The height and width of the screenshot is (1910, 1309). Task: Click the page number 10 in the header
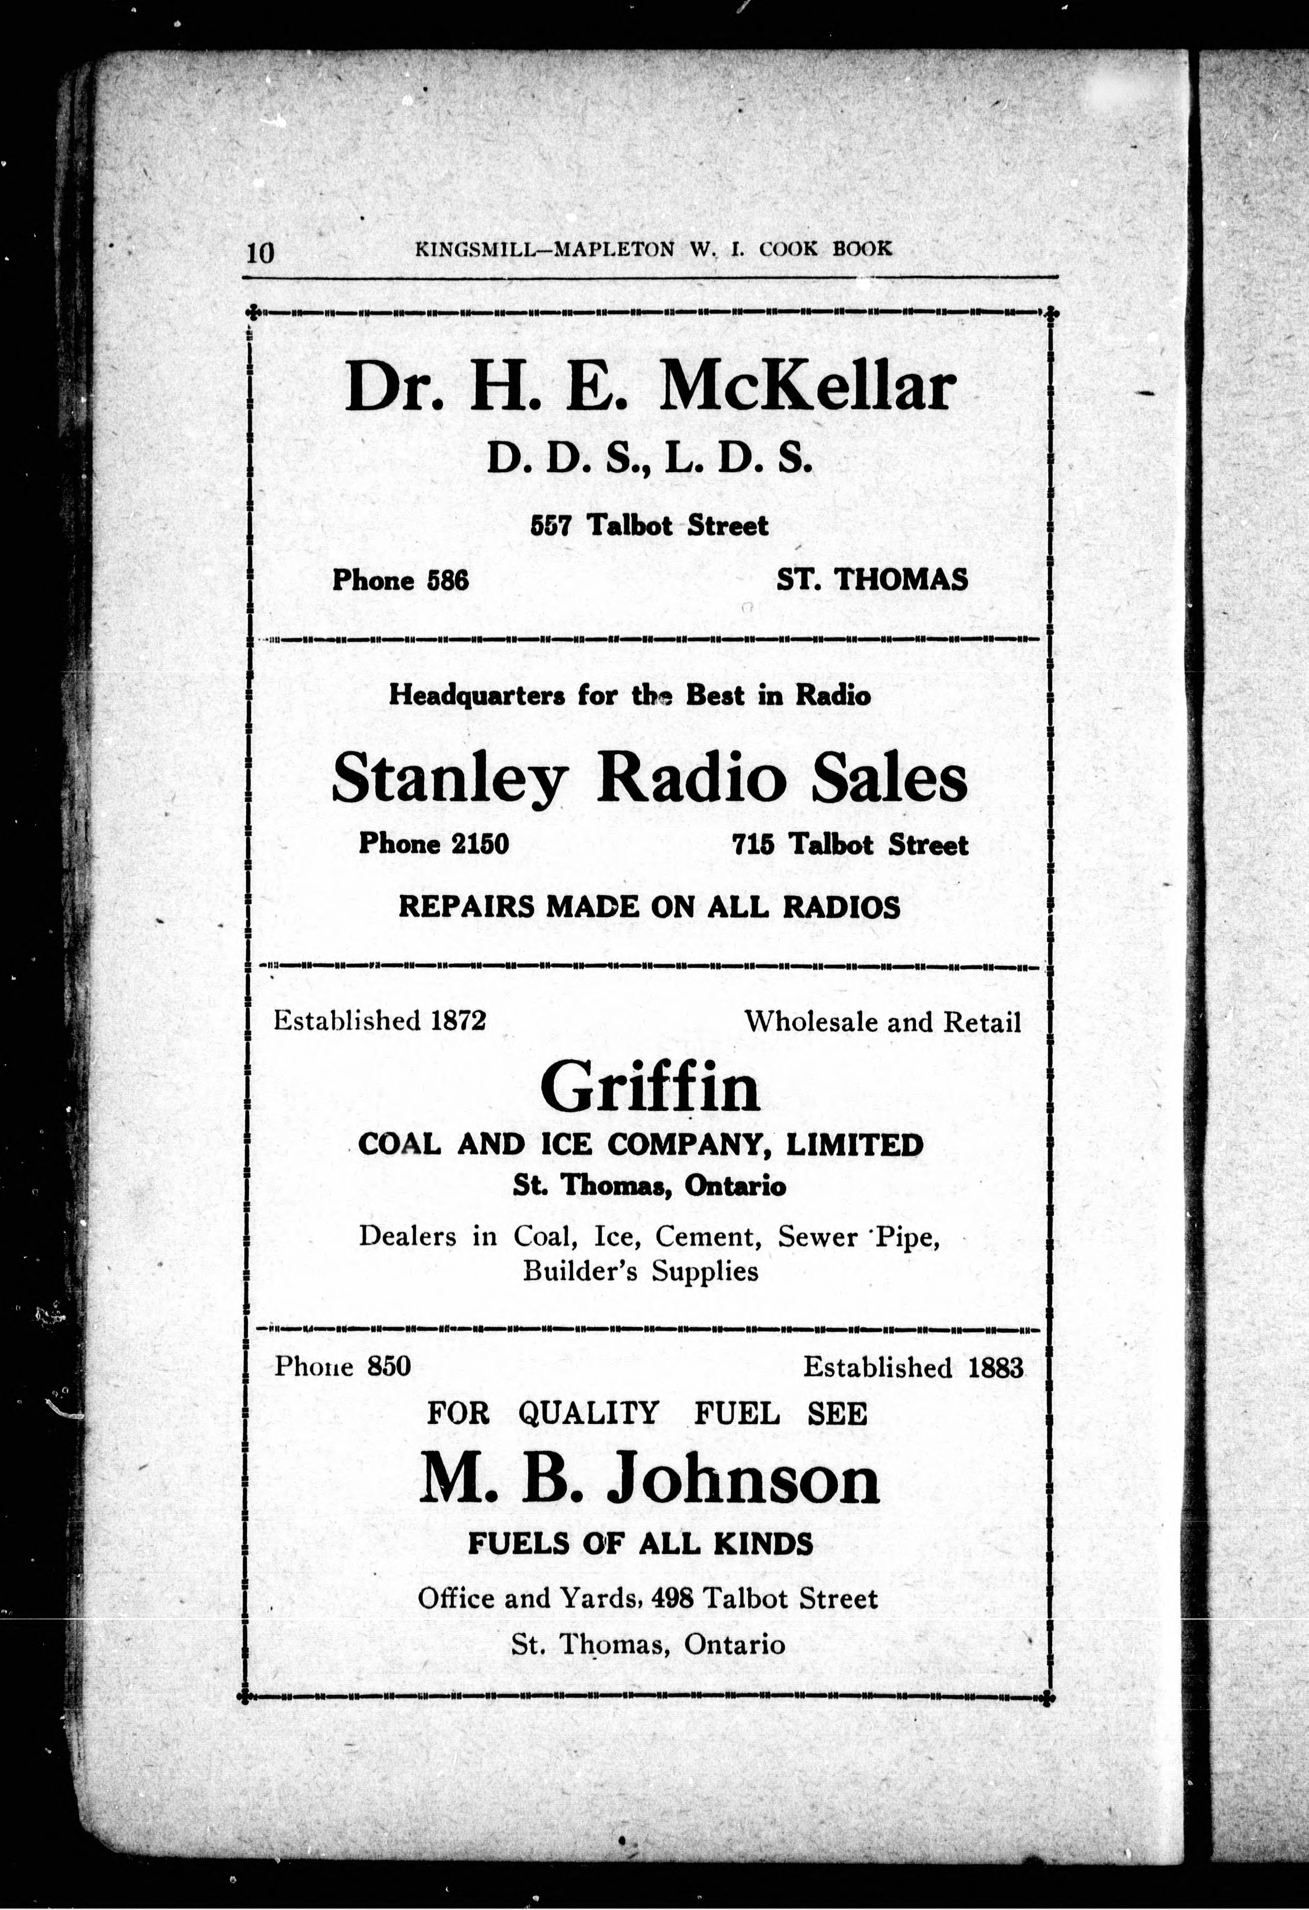pyautogui.click(x=260, y=252)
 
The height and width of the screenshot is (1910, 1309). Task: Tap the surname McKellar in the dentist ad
pyautogui.click(x=807, y=387)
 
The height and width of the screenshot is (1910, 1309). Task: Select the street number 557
pyautogui.click(x=551, y=525)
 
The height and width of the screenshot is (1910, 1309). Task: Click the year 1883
pyautogui.click(x=995, y=1368)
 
